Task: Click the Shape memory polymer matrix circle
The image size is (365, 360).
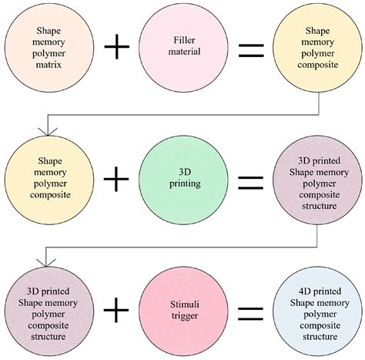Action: point(44,48)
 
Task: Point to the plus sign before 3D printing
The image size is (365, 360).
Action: point(116,179)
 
